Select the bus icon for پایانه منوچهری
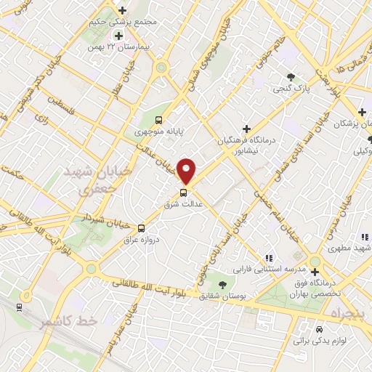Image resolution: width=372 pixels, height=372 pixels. coord(159,121)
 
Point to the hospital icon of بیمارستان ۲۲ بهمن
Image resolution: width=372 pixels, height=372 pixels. coord(118,36)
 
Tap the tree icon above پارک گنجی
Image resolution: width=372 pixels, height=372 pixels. coord(291,77)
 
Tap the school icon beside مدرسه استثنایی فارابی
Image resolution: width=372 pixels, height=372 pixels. coord(269,257)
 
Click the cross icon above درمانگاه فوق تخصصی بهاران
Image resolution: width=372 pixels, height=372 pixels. coord(315,272)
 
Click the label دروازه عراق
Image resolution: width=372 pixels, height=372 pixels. coord(140,238)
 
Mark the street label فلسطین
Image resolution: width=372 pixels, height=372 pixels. coord(72,112)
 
